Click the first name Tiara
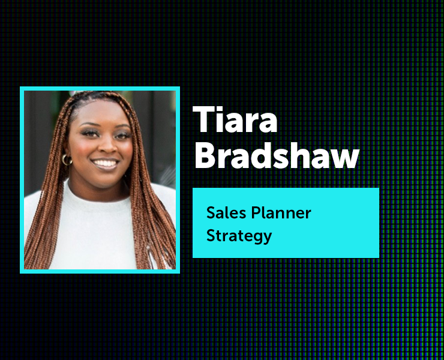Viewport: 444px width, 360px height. click(235, 119)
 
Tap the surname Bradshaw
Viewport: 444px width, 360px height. click(277, 155)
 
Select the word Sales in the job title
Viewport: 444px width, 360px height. click(226, 212)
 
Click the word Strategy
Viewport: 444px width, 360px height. click(239, 236)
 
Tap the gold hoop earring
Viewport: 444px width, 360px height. click(67, 160)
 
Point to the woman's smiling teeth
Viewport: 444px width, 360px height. click(106, 163)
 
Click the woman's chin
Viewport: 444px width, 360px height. click(106, 178)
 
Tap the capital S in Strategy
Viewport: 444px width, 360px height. click(211, 236)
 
